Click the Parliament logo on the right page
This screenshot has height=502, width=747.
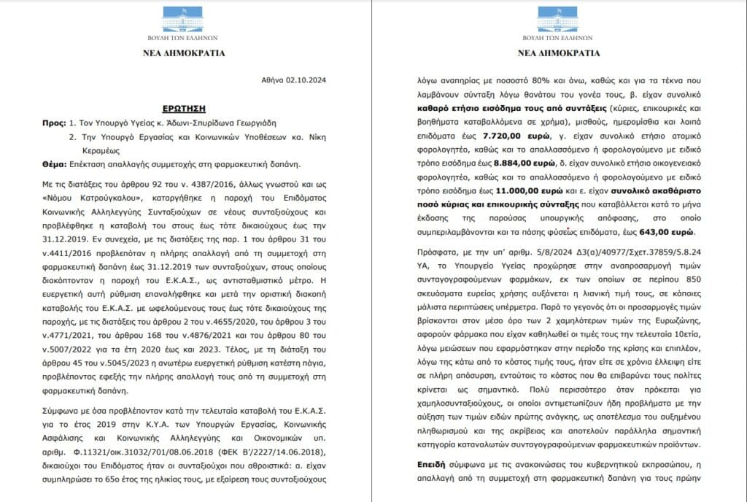click(558, 21)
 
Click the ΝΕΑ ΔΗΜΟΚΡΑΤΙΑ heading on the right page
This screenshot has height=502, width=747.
click(558, 53)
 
